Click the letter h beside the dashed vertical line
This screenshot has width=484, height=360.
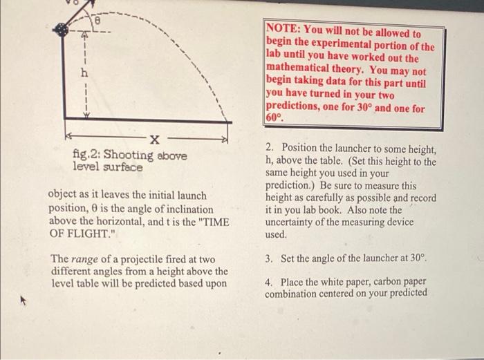pyautogui.click(x=84, y=73)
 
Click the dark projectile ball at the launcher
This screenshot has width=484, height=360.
pyautogui.click(x=64, y=30)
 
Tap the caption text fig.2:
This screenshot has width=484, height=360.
pyautogui.click(x=86, y=156)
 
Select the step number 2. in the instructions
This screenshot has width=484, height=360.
pyautogui.click(x=270, y=149)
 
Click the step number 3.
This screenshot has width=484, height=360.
pyautogui.click(x=270, y=258)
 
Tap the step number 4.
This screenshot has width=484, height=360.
pyautogui.click(x=270, y=282)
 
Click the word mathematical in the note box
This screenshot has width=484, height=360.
pyautogui.click(x=298, y=72)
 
